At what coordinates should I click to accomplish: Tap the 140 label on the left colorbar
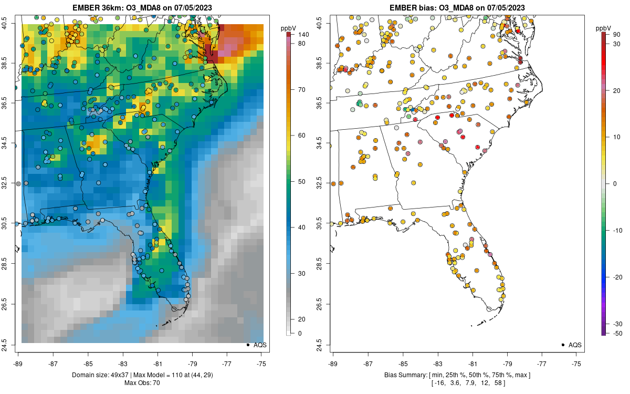303,35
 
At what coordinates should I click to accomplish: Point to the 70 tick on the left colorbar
302,90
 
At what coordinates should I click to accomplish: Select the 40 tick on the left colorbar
302,227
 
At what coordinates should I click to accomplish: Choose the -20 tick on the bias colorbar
617,277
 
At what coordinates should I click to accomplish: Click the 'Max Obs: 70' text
142,383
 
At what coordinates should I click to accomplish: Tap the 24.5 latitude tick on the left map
10,345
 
